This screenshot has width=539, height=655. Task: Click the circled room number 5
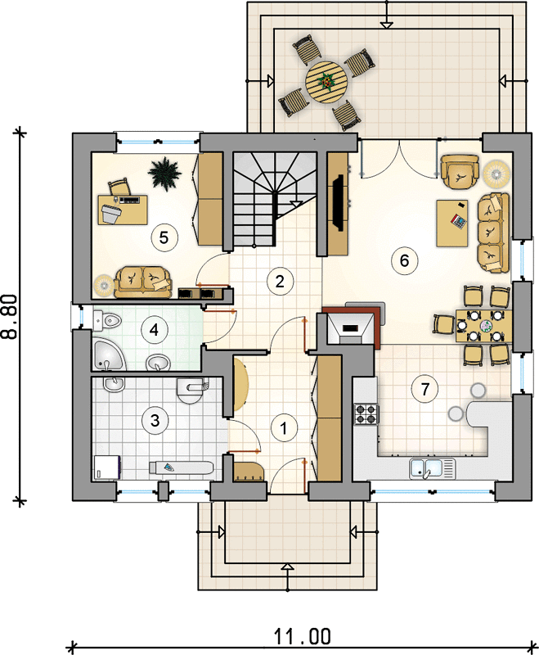[164, 237]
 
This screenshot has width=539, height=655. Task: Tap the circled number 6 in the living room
[404, 260]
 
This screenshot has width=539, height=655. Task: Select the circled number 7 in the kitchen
[424, 389]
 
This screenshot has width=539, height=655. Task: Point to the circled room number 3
[155, 419]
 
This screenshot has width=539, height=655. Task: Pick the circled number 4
[154, 330]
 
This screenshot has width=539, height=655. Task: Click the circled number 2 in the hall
[280, 281]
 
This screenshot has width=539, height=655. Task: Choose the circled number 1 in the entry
[284, 427]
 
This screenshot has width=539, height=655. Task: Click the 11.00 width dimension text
[302, 637]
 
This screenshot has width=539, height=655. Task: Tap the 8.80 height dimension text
[10, 316]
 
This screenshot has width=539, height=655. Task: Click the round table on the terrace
[326, 81]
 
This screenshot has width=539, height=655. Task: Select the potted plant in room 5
[164, 174]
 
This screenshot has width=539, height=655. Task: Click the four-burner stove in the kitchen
[366, 414]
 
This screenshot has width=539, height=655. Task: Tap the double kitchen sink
[431, 468]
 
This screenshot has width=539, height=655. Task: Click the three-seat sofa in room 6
[494, 233]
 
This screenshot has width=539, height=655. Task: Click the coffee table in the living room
[452, 223]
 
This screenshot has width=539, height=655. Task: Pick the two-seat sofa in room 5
[143, 282]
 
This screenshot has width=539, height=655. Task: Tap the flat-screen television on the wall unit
[338, 202]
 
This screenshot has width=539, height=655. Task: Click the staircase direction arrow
[295, 204]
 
